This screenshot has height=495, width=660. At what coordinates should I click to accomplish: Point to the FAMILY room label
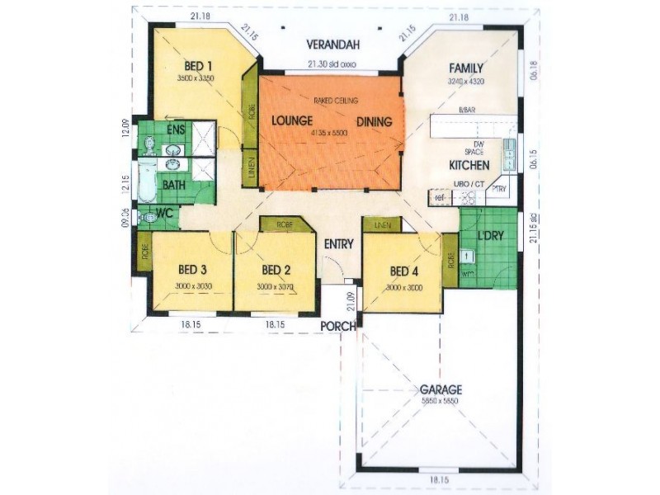466,68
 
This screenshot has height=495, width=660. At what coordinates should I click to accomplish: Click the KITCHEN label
469,165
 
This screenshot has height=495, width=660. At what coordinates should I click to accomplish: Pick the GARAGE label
441,389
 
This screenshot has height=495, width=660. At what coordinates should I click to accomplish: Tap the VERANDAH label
331,44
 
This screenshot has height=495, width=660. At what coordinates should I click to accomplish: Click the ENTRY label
339,243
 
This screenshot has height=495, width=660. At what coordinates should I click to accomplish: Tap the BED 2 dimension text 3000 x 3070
275,286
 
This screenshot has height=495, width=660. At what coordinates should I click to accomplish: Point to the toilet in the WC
148,218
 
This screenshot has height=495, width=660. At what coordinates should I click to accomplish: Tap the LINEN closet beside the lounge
251,168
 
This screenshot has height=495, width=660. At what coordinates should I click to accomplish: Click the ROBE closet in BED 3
144,252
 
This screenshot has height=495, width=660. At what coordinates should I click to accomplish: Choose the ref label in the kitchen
441,198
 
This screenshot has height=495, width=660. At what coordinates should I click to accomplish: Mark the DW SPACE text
473,148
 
